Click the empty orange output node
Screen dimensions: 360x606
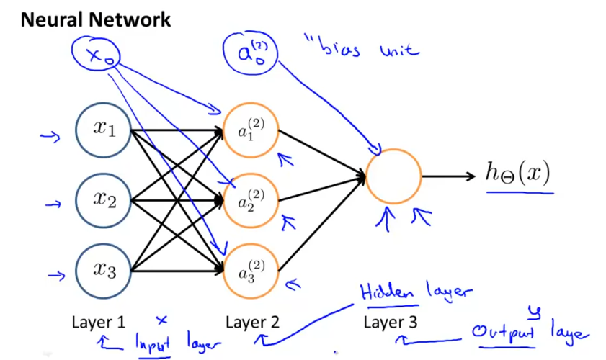click(393, 176)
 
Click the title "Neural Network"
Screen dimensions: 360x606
click(95, 19)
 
